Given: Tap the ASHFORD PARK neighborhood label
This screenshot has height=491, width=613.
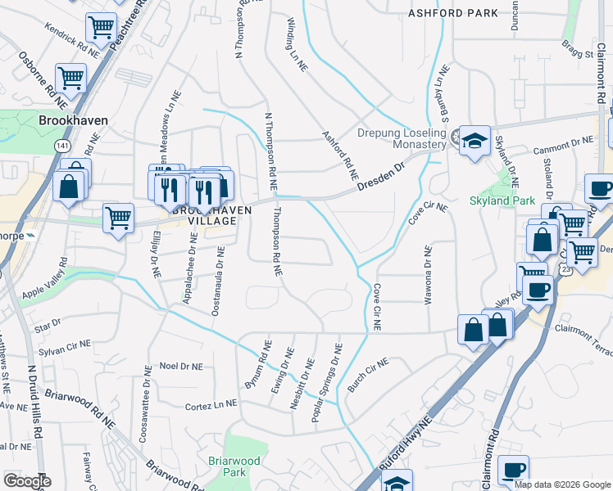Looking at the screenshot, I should coord(454,13).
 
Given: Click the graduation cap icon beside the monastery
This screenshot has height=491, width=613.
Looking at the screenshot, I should coord(473,140).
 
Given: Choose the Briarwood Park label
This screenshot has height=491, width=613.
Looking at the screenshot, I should coord(234,467).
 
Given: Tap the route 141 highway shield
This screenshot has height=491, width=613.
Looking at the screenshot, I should coord(63,145).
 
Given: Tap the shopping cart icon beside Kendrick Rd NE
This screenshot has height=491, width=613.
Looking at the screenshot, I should coord(101,26).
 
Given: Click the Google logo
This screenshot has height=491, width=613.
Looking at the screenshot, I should coord(28,480).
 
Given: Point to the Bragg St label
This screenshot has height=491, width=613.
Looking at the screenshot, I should coord(578,54).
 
